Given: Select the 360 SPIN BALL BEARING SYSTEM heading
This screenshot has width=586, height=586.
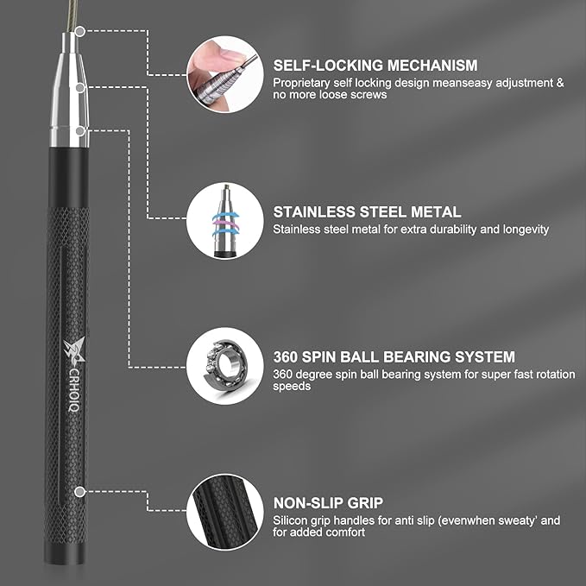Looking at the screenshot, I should [x=394, y=356].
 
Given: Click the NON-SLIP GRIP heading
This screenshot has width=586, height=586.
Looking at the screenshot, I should [x=329, y=502].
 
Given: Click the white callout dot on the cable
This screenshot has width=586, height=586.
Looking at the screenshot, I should [x=79, y=32].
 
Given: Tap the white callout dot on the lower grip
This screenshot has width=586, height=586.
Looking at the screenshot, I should [x=79, y=491].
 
